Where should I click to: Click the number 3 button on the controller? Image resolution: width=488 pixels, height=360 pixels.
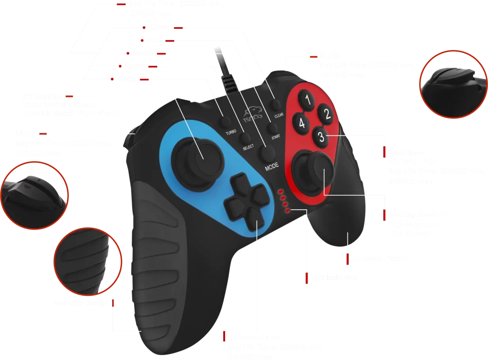pyautogui.click(x=321, y=137)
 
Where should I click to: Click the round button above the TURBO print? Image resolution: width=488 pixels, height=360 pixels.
pyautogui.click(x=225, y=122)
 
